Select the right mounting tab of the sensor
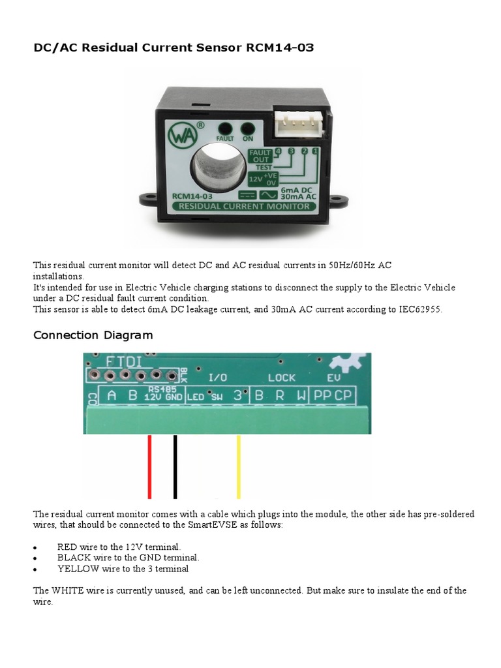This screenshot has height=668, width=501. [x=337, y=197]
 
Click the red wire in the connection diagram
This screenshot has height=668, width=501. [x=150, y=466]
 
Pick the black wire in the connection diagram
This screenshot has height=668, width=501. [x=175, y=466]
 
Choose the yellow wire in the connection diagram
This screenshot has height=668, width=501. [x=239, y=466]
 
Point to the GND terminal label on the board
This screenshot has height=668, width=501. [x=174, y=397]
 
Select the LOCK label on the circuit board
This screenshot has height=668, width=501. [x=282, y=377]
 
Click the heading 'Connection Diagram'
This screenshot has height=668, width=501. [x=93, y=335]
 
